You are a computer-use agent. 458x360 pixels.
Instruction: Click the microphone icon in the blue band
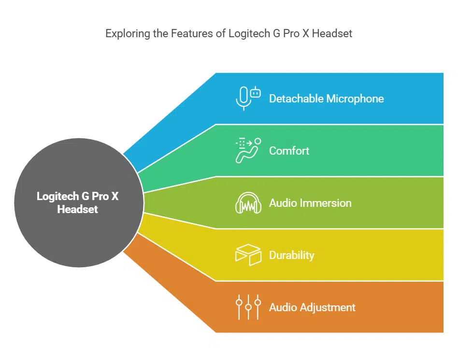coord(243,99)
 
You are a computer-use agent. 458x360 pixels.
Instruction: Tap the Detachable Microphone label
coord(326,99)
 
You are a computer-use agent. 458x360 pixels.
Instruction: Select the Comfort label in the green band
coord(289,151)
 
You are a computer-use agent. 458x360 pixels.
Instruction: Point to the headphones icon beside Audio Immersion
coord(248,203)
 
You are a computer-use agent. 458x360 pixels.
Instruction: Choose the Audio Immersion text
coord(310,203)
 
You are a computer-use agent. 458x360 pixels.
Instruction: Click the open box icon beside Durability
coord(248,255)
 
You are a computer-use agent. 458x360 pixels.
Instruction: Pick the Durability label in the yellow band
coord(291,255)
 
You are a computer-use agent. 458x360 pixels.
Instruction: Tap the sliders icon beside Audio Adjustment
coord(248,307)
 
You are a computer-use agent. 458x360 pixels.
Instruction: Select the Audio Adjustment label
coord(312,307)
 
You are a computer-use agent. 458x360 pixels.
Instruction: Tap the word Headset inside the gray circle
coord(77,210)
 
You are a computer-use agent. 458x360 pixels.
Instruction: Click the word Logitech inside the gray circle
coord(57,197)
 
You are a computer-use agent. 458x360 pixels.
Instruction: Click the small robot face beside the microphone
coord(256,92)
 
